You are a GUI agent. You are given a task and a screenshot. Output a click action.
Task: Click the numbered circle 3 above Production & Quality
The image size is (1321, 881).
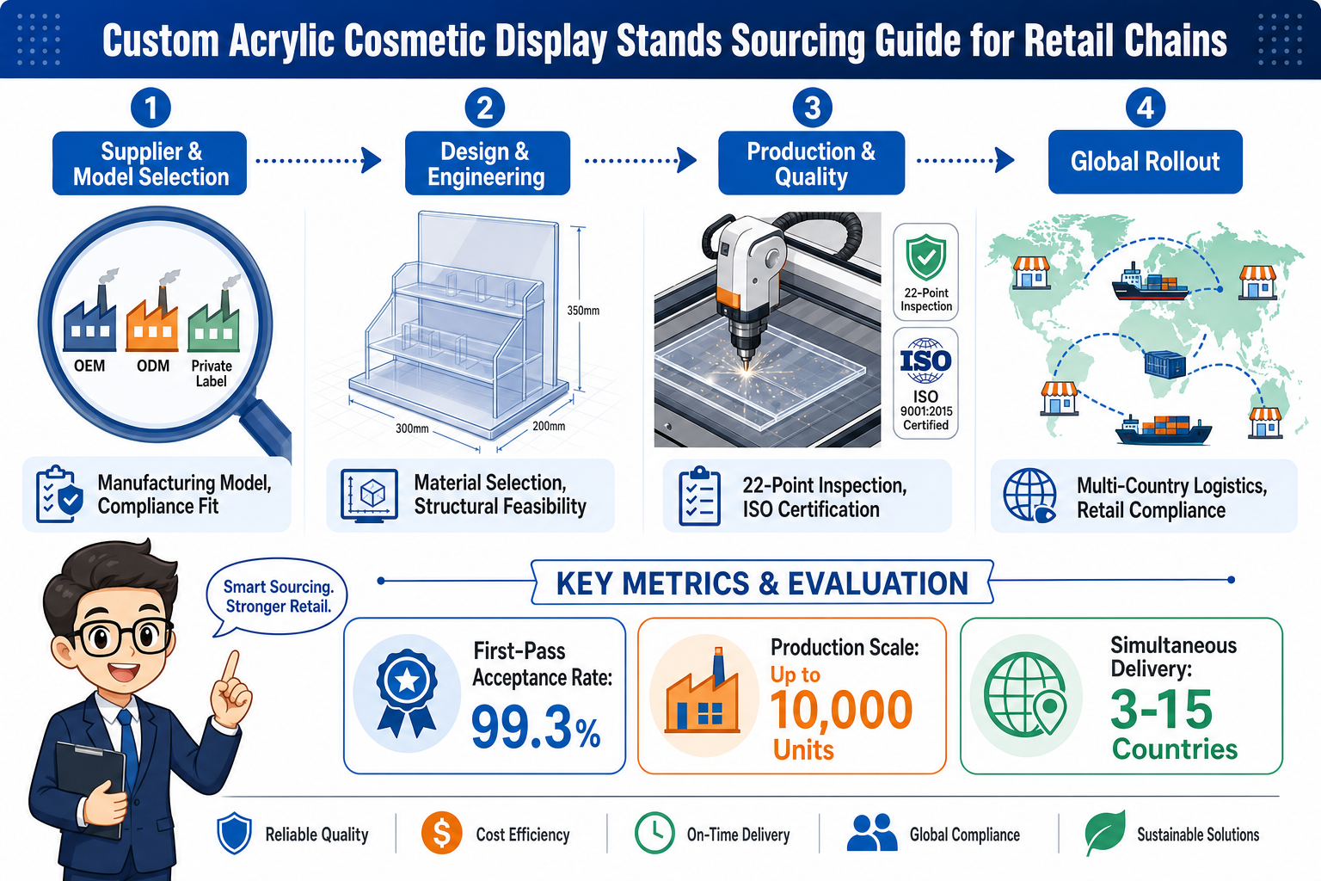pos(812,108)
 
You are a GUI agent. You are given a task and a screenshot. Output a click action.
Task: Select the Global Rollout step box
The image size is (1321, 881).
pos(1146,162)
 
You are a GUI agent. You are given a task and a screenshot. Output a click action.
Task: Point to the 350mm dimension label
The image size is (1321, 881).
pos(583,311)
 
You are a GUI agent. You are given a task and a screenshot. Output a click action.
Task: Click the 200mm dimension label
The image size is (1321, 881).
pos(549,426)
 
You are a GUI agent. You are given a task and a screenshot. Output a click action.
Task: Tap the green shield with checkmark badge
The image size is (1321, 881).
pos(926,256)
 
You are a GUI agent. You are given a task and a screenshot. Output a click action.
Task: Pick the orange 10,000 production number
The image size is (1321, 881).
pos(842,710)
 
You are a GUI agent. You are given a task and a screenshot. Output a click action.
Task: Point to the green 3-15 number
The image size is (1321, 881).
pos(1161,709)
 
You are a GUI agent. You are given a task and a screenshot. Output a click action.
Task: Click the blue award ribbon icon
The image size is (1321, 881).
pos(407,693)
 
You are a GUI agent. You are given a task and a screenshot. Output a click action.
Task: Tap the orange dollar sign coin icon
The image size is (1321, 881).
pos(442,833)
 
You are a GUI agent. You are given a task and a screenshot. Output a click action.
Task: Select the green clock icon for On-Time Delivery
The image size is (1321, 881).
pos(654,833)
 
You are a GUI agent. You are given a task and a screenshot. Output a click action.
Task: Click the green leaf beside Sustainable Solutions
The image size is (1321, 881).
pos(1104,832)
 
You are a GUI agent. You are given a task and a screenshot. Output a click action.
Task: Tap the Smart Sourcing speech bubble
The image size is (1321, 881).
pos(277,596)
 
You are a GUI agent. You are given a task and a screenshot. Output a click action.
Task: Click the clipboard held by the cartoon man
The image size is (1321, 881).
pos(90,789)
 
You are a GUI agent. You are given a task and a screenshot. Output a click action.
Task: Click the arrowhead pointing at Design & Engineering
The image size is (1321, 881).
pos(372,161)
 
